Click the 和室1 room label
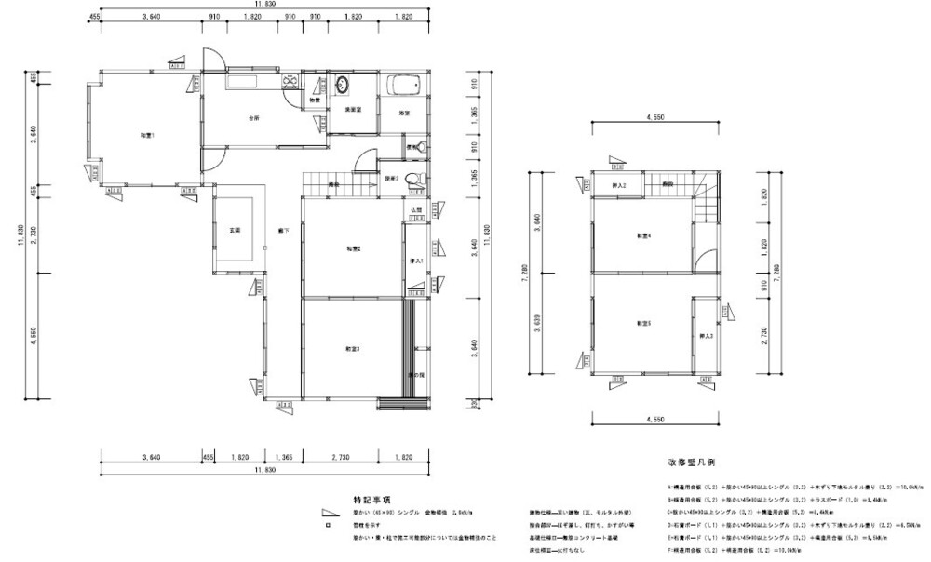(146, 136)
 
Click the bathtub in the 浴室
(404, 86)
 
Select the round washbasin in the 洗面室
(342, 85)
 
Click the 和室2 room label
(353, 248)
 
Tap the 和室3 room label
(353, 348)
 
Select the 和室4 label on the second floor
(643, 236)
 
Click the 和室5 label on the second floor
(643, 323)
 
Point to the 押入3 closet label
(707, 335)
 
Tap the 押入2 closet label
(618, 186)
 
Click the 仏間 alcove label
(417, 210)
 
